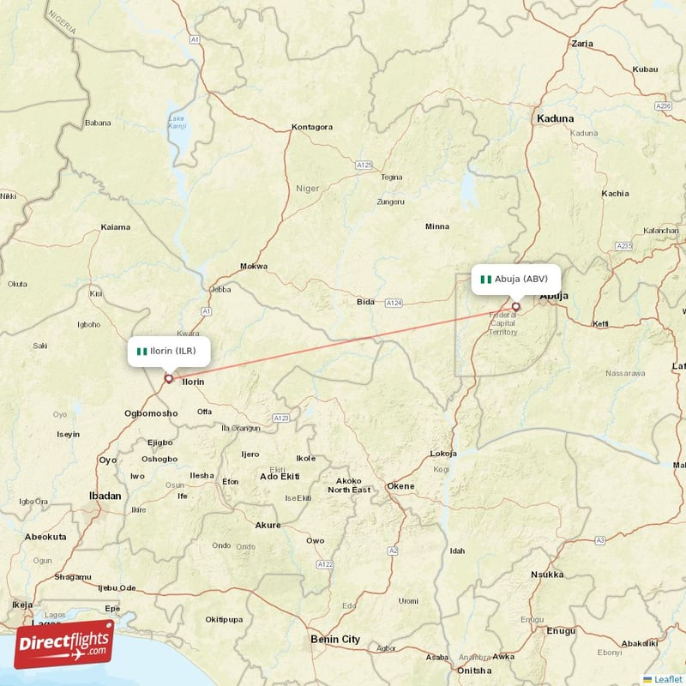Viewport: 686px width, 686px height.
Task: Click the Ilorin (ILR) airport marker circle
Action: [x=169, y=378]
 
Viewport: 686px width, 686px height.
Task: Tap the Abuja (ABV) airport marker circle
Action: [x=516, y=306]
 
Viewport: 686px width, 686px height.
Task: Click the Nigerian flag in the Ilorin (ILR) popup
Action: [x=142, y=351]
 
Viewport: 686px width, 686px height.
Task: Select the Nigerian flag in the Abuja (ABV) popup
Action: [x=486, y=279]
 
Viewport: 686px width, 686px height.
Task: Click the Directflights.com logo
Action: [x=64, y=644]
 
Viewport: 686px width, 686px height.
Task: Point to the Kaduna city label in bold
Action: [x=555, y=118]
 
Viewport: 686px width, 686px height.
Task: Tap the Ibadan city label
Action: [x=105, y=496]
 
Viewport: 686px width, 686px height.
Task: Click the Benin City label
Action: [x=334, y=639]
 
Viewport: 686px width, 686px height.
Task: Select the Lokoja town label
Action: [x=442, y=454]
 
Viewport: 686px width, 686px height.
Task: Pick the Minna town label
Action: [x=437, y=226]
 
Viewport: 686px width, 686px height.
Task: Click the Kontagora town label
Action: [x=312, y=127]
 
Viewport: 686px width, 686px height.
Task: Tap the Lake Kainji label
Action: [x=177, y=122]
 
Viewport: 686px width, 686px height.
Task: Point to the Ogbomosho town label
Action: [x=151, y=413]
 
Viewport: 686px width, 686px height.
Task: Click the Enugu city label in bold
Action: [x=562, y=630]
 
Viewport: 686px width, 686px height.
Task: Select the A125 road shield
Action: [x=364, y=164]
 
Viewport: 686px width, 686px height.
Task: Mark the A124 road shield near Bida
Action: [x=394, y=303]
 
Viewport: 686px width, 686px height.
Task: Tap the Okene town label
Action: [x=400, y=486]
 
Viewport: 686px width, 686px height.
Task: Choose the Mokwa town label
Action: [x=254, y=266]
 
